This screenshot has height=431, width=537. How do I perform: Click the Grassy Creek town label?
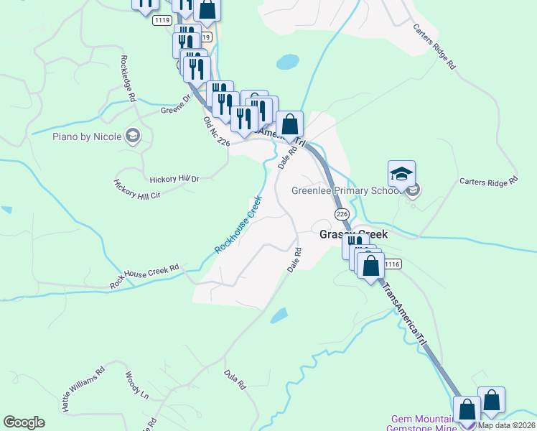353,235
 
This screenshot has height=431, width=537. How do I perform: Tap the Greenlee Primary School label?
346,190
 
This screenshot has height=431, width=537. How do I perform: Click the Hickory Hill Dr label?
174,178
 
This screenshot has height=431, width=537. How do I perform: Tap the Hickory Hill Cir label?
136,189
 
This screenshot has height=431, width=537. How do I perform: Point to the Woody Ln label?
136,385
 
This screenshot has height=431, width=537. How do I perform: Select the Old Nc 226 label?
216,133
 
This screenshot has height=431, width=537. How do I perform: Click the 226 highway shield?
342,214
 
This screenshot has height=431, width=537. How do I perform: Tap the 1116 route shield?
392,264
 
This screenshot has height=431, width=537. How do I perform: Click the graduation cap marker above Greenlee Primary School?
402,173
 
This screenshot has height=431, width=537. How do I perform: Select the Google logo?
24,422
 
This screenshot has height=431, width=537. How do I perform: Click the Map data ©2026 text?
506,425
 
